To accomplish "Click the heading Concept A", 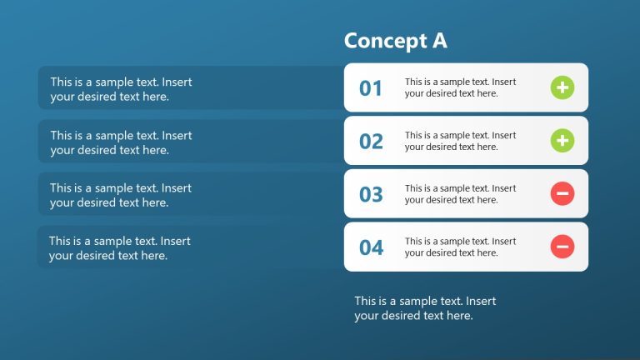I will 396,41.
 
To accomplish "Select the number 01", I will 371,88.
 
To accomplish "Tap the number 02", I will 371,142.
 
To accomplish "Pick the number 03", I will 371,195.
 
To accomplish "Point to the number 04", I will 371,247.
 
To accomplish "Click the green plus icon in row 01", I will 562,87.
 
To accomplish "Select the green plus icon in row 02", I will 562,141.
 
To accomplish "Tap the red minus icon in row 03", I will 562,194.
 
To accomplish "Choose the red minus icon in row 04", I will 562,247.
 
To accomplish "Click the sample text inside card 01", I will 460,87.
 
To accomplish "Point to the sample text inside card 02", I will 460,141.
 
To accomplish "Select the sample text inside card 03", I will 460,194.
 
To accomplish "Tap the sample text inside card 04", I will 460,247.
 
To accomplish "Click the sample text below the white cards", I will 425,308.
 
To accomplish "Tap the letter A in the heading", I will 439,41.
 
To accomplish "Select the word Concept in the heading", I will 384,41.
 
